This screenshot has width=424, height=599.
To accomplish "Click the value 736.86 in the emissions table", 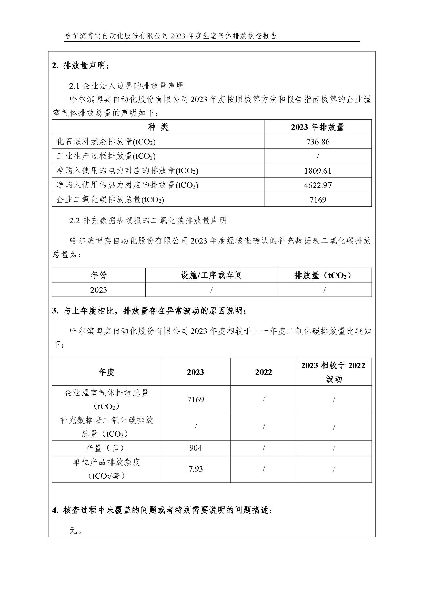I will (318, 142).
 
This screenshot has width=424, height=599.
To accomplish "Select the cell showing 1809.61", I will (318, 171).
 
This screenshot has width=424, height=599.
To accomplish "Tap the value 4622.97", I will (318, 185).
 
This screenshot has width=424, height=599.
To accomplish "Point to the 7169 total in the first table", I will (318, 199).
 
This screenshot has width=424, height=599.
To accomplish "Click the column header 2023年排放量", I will (318, 127).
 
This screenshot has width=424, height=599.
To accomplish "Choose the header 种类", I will (158, 127).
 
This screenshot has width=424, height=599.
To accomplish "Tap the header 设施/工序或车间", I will (211, 275).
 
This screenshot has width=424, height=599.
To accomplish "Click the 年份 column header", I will (99, 275).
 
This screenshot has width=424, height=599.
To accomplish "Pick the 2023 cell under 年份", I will (99, 290).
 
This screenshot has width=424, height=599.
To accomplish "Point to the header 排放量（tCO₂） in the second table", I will (324, 275).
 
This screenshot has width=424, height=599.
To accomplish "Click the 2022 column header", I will (264, 372).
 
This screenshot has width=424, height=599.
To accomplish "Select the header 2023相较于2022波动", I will (334, 372).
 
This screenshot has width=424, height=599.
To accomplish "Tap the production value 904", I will (196, 448).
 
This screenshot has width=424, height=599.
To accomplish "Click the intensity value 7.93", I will (196, 469).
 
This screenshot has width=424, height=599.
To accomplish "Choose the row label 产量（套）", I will (106, 448).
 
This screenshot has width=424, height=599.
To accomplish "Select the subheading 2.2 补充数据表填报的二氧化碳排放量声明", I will (148, 220).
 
